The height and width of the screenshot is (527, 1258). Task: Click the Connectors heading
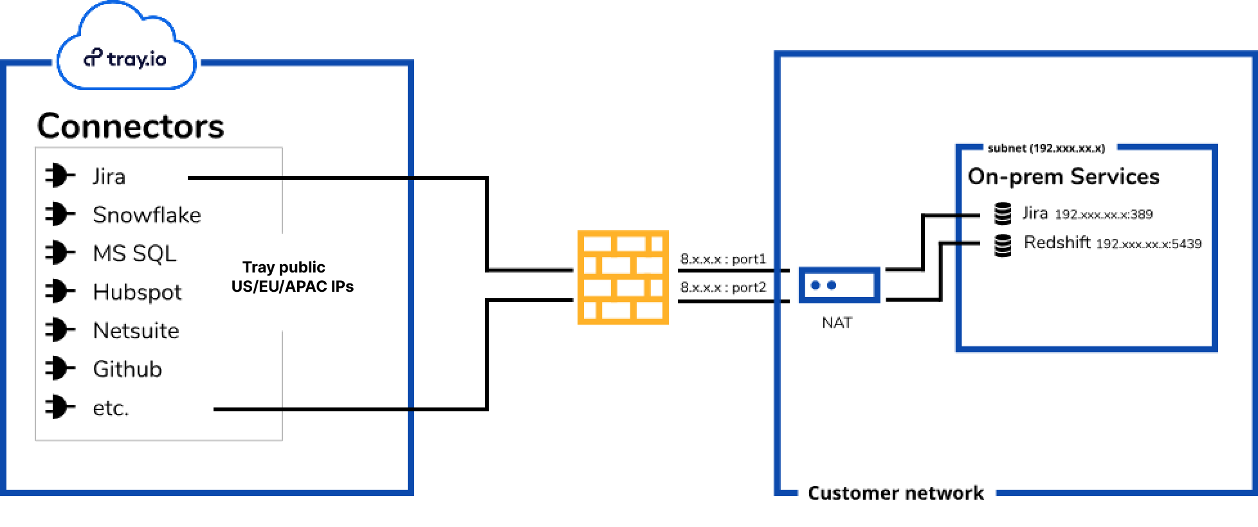131,126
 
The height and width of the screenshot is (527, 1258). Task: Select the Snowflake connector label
147,215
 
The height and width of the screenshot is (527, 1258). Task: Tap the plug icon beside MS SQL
60,253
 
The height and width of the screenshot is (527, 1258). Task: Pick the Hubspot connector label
137,292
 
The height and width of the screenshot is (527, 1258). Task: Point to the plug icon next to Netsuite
60,330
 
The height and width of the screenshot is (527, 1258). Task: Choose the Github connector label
127,369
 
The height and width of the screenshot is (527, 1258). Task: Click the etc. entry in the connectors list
111,408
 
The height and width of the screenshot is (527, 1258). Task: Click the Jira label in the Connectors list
109,176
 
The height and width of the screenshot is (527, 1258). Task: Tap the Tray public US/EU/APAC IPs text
292,277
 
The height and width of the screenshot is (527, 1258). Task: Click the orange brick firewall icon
623,277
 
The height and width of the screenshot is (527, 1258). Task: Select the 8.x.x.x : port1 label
723,259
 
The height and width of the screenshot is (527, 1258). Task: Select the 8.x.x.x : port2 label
723,287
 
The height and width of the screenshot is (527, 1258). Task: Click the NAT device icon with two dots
839,285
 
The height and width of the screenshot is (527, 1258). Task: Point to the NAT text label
837,323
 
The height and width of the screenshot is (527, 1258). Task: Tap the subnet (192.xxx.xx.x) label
1046,148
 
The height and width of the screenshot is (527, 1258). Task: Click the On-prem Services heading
1063,176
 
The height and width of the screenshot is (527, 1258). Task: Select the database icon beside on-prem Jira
1002,213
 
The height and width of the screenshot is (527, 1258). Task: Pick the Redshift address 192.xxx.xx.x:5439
1149,244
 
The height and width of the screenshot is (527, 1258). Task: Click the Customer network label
895,493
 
